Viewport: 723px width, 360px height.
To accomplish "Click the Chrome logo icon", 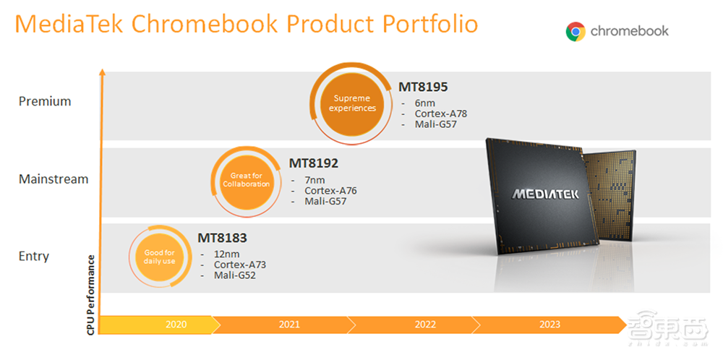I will (x=576, y=31).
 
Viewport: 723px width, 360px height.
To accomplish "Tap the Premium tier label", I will (x=45, y=101).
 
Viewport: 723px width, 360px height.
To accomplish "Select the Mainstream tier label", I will (x=54, y=179).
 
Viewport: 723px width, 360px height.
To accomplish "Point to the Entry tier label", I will (x=33, y=256).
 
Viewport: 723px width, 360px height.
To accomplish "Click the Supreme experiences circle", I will (x=352, y=103).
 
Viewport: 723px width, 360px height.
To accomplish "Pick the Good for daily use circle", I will (x=159, y=257).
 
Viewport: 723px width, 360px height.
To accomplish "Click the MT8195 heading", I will (x=424, y=87).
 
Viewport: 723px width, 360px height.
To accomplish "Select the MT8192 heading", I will (x=314, y=163).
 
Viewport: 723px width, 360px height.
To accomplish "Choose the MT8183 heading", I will (x=223, y=238).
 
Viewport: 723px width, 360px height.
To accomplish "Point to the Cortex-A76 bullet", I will (x=330, y=191).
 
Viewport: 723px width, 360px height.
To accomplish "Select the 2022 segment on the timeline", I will (x=425, y=325).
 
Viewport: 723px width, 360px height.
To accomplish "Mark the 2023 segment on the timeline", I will (x=549, y=325).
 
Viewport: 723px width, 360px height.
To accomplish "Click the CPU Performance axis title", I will (x=91, y=293).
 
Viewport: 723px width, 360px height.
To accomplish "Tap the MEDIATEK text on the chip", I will (x=545, y=194).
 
